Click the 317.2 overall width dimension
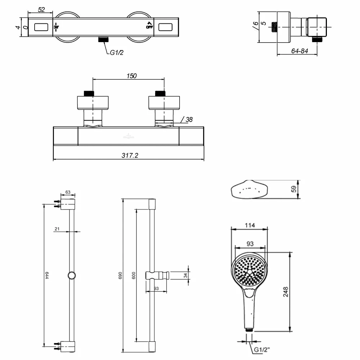(130, 156)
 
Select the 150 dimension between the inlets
(131, 76)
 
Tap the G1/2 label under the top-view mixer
(117, 53)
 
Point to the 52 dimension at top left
(41, 10)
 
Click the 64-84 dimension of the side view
(300, 51)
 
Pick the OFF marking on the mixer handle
(149, 26)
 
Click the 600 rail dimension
(134, 275)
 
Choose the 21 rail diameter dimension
(57, 229)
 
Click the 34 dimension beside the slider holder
(185, 275)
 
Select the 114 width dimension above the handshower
(249, 225)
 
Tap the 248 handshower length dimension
(285, 292)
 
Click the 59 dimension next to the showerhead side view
(293, 189)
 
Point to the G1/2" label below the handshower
(261, 350)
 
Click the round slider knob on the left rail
(72, 275)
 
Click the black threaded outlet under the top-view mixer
(104, 39)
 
